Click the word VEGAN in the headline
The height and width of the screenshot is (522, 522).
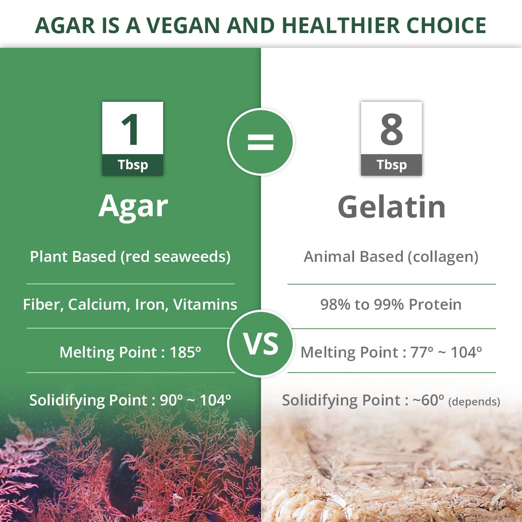(183, 25)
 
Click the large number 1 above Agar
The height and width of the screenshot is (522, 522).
(130, 129)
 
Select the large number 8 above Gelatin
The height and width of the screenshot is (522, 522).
(391, 129)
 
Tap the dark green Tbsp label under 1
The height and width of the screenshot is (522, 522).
(133, 165)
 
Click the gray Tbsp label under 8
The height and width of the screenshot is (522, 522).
(391, 165)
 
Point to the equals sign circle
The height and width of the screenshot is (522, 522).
(261, 142)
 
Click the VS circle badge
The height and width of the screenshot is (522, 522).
(261, 344)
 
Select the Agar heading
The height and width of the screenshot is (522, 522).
(133, 206)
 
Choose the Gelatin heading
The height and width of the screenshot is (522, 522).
(391, 207)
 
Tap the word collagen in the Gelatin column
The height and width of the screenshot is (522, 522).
(442, 257)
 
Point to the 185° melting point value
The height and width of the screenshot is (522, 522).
(185, 352)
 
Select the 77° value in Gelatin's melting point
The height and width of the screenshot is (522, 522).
(422, 352)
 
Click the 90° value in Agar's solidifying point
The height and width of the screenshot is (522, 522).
(171, 400)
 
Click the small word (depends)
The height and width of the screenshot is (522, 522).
(474, 402)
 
